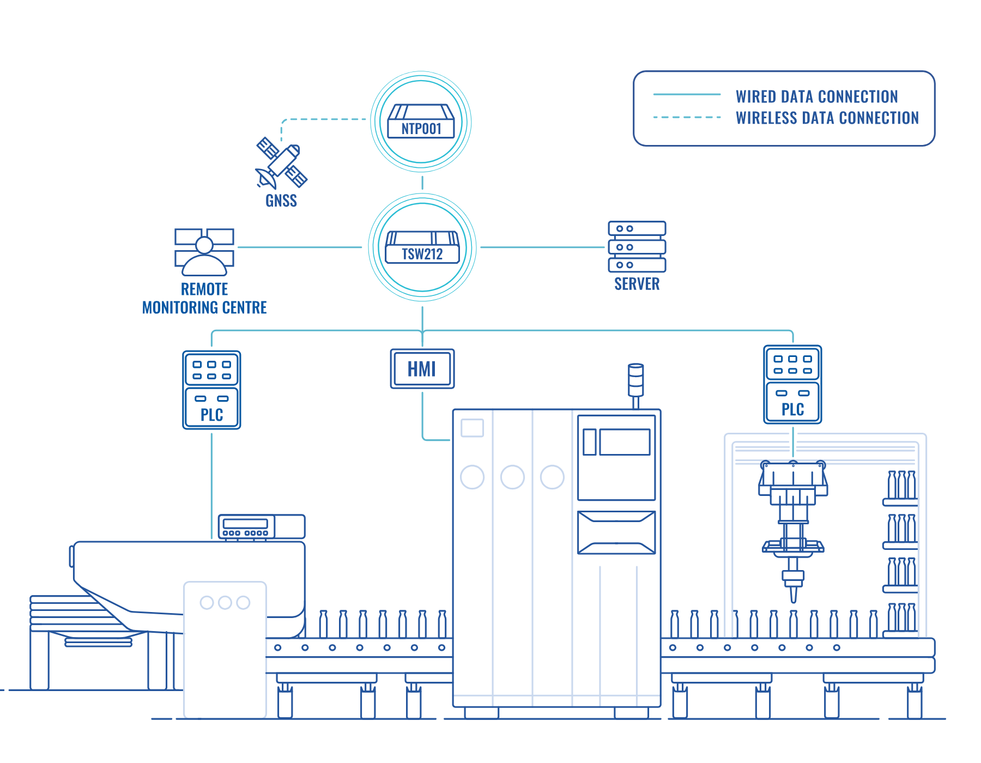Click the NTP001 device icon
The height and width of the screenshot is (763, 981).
coord(421,122)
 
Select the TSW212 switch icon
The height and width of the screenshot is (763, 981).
coord(422,247)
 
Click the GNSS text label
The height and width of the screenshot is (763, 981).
coord(281,201)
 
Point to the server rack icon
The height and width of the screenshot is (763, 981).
coord(637,246)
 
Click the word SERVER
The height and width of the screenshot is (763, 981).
coord(637,284)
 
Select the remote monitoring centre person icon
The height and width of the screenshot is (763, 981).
coord(204,252)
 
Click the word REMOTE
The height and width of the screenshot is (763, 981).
coord(204,289)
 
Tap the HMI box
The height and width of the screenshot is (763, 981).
coord(422,369)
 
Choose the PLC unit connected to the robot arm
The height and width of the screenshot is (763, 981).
coord(792,384)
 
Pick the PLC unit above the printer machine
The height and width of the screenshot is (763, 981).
coord(211,390)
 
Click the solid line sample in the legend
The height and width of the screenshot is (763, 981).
coord(687,95)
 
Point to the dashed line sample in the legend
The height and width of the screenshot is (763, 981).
coord(687,117)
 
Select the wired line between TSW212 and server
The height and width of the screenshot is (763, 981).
coord(543,247)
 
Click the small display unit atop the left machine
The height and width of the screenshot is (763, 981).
coord(262,526)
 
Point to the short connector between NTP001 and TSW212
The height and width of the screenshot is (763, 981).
coord(422,183)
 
